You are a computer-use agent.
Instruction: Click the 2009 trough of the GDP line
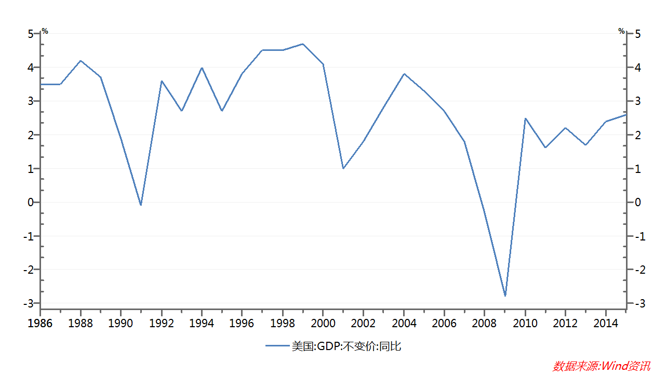point(505,296)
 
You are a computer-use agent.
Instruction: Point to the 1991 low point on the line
point(141,205)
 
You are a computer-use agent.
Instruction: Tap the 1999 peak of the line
point(303,44)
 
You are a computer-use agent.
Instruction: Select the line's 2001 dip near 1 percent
point(343,168)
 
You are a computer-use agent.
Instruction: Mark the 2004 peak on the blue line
point(404,74)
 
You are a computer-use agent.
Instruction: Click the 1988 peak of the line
point(81,61)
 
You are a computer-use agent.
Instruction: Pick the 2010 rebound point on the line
point(525,118)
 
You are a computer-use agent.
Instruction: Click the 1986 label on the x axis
point(40,324)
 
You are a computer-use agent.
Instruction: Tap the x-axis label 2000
point(323,324)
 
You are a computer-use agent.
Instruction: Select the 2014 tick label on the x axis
point(606,324)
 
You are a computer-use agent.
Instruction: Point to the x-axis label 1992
point(162,324)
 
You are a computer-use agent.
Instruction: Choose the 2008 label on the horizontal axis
point(485,324)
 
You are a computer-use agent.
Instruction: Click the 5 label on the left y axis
point(31,34)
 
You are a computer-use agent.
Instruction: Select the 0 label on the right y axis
point(637,203)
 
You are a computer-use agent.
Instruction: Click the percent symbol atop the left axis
point(45,31)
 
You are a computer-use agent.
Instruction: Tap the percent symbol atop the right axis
point(621,31)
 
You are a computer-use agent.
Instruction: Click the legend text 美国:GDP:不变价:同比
point(346,346)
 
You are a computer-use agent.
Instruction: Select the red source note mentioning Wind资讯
point(602,366)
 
